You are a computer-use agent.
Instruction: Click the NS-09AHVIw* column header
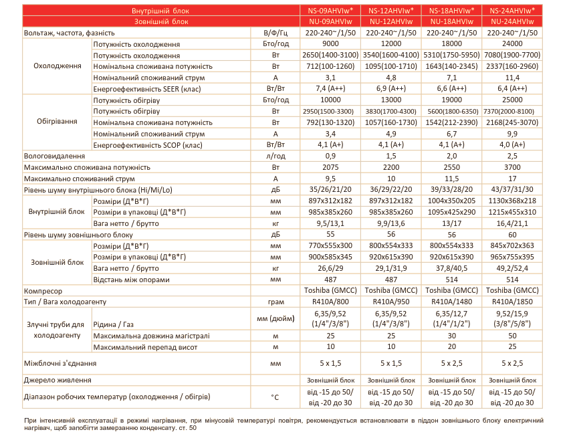click(331, 11)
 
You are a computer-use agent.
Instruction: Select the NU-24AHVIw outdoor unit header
click(512, 21)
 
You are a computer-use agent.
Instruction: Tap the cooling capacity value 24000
click(512, 44)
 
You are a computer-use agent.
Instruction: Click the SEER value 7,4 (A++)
click(331, 88)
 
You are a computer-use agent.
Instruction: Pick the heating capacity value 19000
click(452, 99)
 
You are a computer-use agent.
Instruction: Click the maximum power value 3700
click(512, 167)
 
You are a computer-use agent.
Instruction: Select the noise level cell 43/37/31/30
click(512, 189)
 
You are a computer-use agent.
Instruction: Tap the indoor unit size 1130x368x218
click(512, 201)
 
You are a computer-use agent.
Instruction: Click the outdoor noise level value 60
click(512, 235)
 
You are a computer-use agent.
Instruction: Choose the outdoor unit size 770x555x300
click(331, 246)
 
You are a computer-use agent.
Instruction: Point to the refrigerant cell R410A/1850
click(512, 303)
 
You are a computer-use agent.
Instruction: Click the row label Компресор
click(43, 292)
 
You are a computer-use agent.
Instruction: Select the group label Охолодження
click(58, 66)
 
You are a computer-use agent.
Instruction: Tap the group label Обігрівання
click(58, 122)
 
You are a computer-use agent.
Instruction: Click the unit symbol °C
click(275, 397)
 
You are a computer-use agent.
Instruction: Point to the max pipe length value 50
click(512, 336)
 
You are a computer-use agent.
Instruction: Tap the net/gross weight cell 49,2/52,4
click(512, 268)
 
